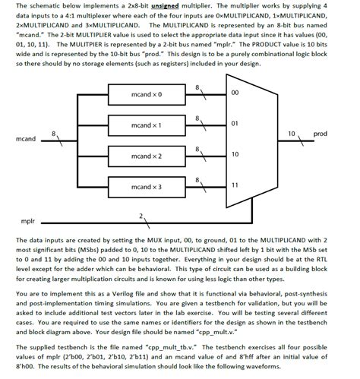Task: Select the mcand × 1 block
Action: [147, 125]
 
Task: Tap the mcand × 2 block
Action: [147, 155]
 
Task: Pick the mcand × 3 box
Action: [147, 186]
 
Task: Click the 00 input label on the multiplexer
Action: [234, 93]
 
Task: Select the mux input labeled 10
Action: [234, 153]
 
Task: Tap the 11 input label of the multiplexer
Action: [234, 185]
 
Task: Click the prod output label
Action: [320, 134]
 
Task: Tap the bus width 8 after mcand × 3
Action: [199, 179]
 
